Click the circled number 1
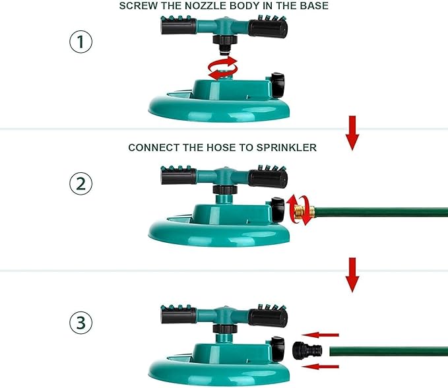pyautogui.click(x=80, y=43)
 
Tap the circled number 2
pyautogui.click(x=80, y=183)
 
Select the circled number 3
pyautogui.click(x=80, y=323)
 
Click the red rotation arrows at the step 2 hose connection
pyautogui.click(x=298, y=210)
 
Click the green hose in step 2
pyautogui.click(x=383, y=212)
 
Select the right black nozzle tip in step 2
pyautogui.click(x=267, y=177)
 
